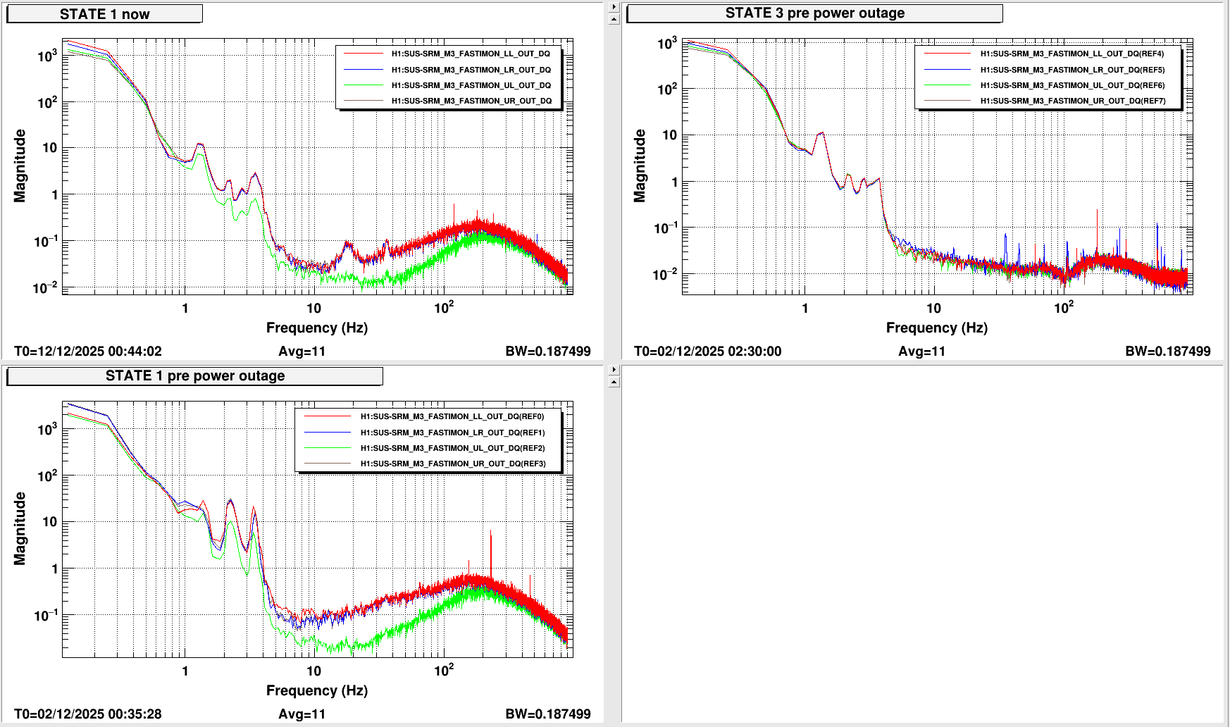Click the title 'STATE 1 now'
pos(104,14)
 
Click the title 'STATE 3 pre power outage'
pos(814,13)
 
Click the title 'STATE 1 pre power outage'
pos(194,376)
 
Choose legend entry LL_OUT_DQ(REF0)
pos(452,416)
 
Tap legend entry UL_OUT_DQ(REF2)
pos(452,448)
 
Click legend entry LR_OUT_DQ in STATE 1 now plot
pos(471,70)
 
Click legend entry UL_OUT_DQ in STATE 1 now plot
pos(471,85)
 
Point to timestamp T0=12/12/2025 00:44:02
pos(88,351)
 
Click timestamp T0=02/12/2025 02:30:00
pos(707,351)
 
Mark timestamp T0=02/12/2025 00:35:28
pos(88,714)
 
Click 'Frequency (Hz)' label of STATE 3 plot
pos(936,328)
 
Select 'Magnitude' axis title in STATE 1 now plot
pos(20,166)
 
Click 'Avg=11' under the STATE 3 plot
pos(921,351)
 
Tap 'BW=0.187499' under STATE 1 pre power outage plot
pos(547,714)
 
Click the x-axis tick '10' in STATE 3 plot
pos(933,308)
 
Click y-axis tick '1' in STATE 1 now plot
pos(55,194)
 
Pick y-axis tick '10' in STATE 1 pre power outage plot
pos(49,522)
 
